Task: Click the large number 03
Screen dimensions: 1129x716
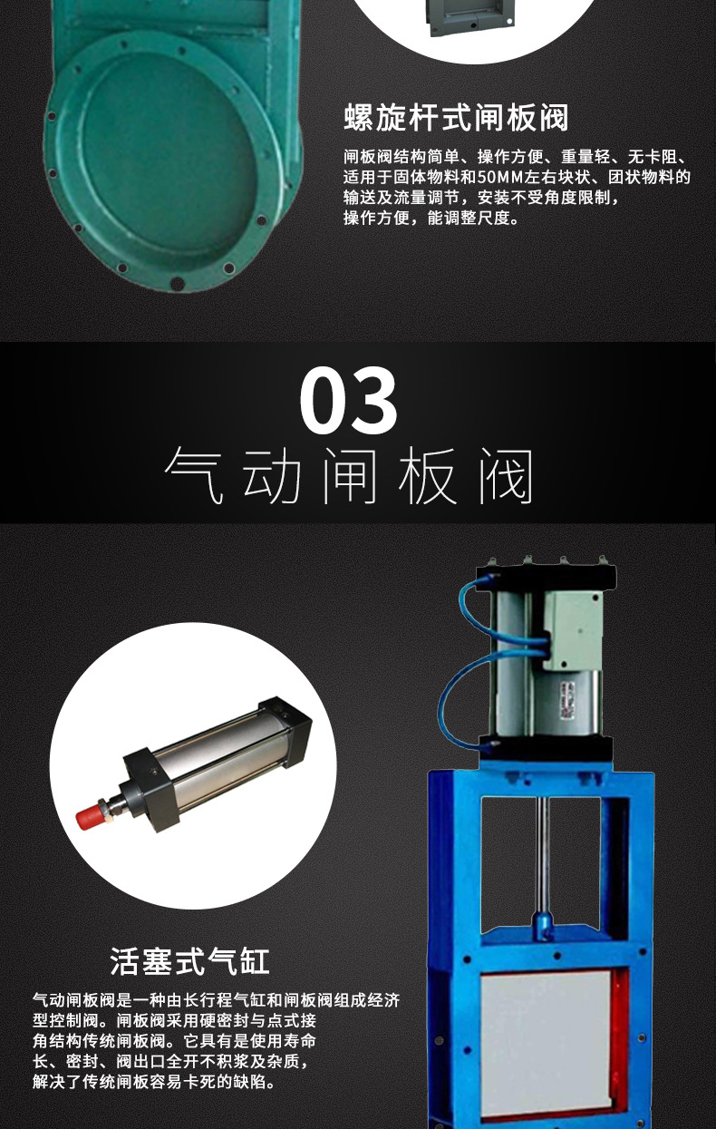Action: point(349,400)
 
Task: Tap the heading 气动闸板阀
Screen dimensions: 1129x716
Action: point(349,475)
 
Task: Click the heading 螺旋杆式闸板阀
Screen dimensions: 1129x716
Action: point(456,117)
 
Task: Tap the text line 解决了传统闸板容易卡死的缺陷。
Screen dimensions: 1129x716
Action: point(153,1082)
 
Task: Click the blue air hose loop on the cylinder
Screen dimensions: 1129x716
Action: point(458,698)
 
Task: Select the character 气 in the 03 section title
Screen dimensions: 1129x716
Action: point(193,475)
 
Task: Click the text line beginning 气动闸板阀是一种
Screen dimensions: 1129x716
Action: point(216,1000)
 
